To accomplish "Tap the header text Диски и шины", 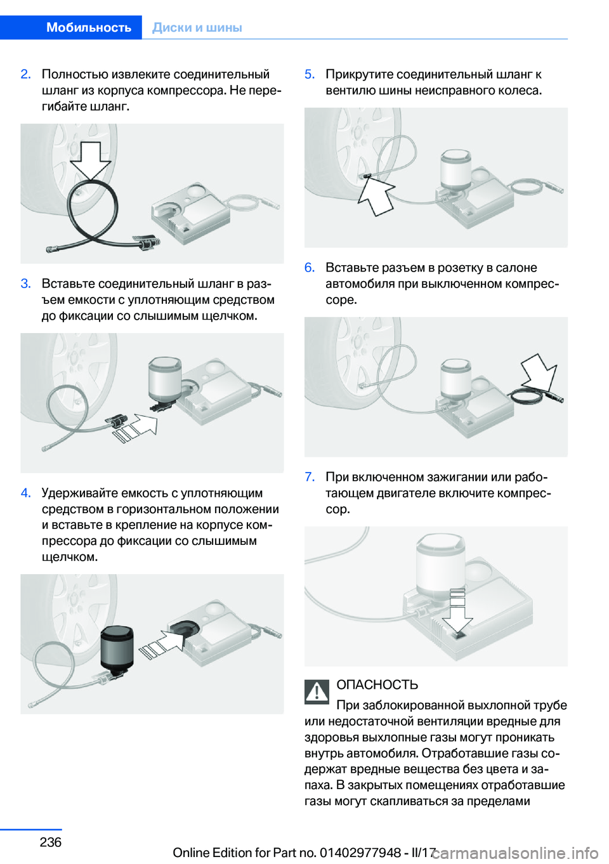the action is click(x=197, y=27).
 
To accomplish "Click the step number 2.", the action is click(x=25, y=74).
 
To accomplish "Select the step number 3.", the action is click(x=25, y=284).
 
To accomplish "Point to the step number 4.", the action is click(x=25, y=493).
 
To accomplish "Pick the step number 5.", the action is click(x=310, y=74).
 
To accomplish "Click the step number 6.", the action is click(x=310, y=267).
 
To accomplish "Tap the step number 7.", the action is click(x=310, y=477).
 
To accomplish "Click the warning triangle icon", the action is click(x=317, y=692).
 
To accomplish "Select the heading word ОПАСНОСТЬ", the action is click(x=377, y=685).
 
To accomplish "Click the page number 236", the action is click(x=51, y=842).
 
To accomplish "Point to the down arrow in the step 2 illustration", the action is click(x=91, y=160).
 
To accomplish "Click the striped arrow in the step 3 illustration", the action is click(x=135, y=428).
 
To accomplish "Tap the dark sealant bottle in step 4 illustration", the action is click(x=117, y=648).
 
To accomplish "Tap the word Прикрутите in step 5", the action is click(x=360, y=74).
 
